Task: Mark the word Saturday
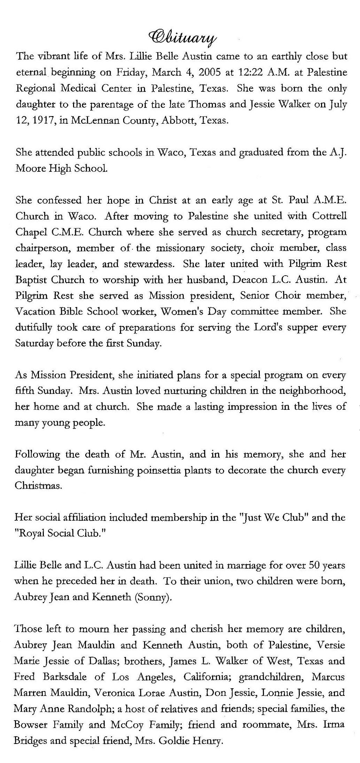tap(34, 343)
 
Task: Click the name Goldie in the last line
tap(174, 741)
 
